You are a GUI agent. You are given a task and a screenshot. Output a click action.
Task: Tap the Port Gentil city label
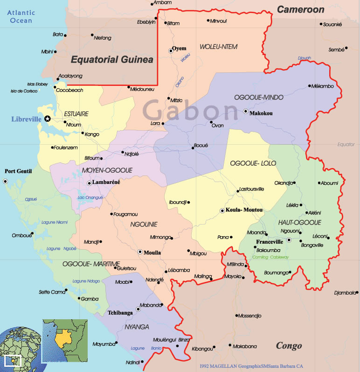click(18, 171)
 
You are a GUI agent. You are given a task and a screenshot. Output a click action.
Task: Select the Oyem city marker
click(171, 51)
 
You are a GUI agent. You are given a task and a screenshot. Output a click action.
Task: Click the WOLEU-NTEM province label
click(218, 47)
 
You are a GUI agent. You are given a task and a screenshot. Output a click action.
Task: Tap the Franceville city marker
click(289, 240)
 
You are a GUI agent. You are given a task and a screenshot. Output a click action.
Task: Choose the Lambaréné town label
click(106, 182)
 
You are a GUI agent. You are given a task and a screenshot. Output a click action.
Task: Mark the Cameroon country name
click(300, 9)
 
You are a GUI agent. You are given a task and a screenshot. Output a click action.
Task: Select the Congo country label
click(289, 346)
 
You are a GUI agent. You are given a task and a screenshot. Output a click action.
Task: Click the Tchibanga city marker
click(138, 309)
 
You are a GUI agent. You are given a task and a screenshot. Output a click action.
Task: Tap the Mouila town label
click(153, 253)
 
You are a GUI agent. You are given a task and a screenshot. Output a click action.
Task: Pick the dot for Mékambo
click(309, 86)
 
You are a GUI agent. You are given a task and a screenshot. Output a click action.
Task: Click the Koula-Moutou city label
click(244, 210)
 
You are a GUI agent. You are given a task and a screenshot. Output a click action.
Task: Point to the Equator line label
click(346, 145)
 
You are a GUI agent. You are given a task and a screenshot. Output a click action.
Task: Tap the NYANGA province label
click(137, 326)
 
